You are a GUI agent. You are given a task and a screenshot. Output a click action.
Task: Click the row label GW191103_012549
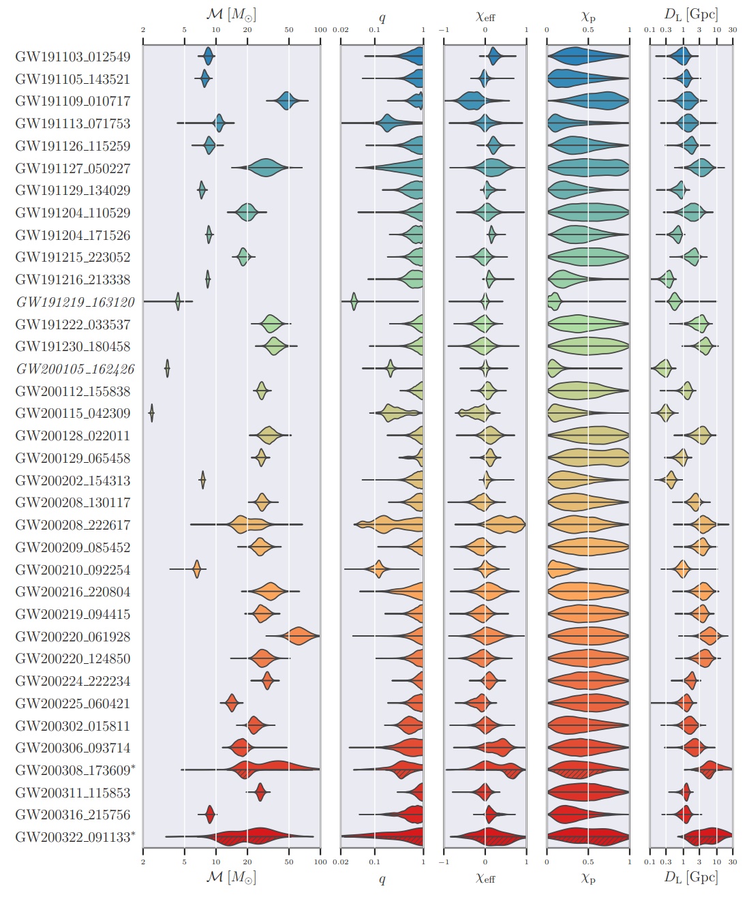tap(72, 57)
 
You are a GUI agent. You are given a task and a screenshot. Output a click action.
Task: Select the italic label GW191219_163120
tap(75, 302)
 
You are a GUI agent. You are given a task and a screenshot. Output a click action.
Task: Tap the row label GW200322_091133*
tap(75, 837)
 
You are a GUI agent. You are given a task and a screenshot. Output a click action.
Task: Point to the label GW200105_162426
tap(75, 369)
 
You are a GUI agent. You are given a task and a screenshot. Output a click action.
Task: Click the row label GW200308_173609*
tap(75, 770)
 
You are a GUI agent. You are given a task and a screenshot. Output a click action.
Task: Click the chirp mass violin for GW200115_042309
tap(151, 413)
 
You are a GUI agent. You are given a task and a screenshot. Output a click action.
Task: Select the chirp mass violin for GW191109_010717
tap(287, 101)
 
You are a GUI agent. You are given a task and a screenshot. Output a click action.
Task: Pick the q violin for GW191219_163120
tap(354, 301)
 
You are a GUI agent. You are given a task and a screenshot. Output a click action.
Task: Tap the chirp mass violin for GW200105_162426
tap(167, 369)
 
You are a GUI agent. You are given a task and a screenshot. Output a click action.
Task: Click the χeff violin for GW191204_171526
tap(491, 235)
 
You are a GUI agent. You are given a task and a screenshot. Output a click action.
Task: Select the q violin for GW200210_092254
tap(378, 569)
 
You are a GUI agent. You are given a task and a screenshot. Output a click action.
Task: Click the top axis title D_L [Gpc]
tap(690, 14)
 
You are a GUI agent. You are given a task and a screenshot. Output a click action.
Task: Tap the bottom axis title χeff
tap(485, 878)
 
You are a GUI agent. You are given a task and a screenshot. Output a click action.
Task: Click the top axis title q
tap(382, 17)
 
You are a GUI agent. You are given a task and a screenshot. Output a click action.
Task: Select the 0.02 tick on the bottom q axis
tap(341, 862)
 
